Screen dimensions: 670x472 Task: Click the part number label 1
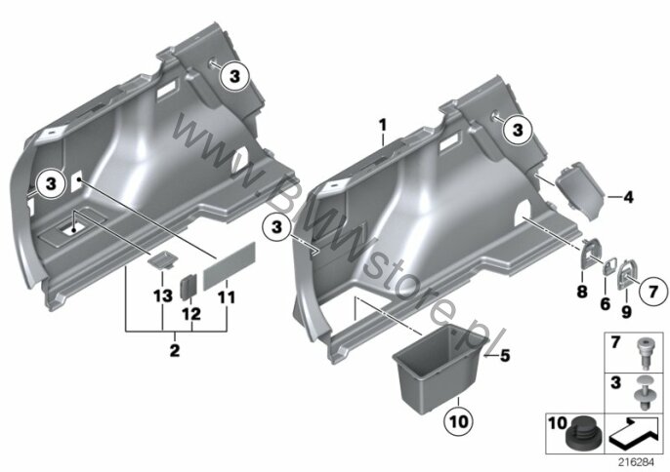(x=383, y=125)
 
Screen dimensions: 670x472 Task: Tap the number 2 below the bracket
(x=175, y=351)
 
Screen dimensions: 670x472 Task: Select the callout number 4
(x=628, y=198)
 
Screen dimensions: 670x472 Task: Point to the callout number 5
(x=505, y=356)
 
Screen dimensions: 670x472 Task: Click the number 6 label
(x=606, y=304)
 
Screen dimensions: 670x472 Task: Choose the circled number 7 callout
(x=653, y=292)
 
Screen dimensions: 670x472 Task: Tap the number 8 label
(x=582, y=292)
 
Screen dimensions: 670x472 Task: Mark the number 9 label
(x=626, y=312)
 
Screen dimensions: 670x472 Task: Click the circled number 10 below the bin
(x=459, y=422)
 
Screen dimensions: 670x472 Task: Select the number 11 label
(x=227, y=297)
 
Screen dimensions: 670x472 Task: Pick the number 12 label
(x=191, y=314)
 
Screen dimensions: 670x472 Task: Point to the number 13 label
(x=163, y=295)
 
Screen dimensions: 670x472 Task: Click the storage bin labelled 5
(x=441, y=370)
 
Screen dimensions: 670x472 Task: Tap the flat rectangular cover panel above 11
(x=230, y=266)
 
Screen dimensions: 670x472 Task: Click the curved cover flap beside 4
(x=581, y=190)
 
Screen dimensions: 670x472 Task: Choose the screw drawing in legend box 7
(x=645, y=353)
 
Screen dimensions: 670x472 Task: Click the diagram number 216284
(x=637, y=462)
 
